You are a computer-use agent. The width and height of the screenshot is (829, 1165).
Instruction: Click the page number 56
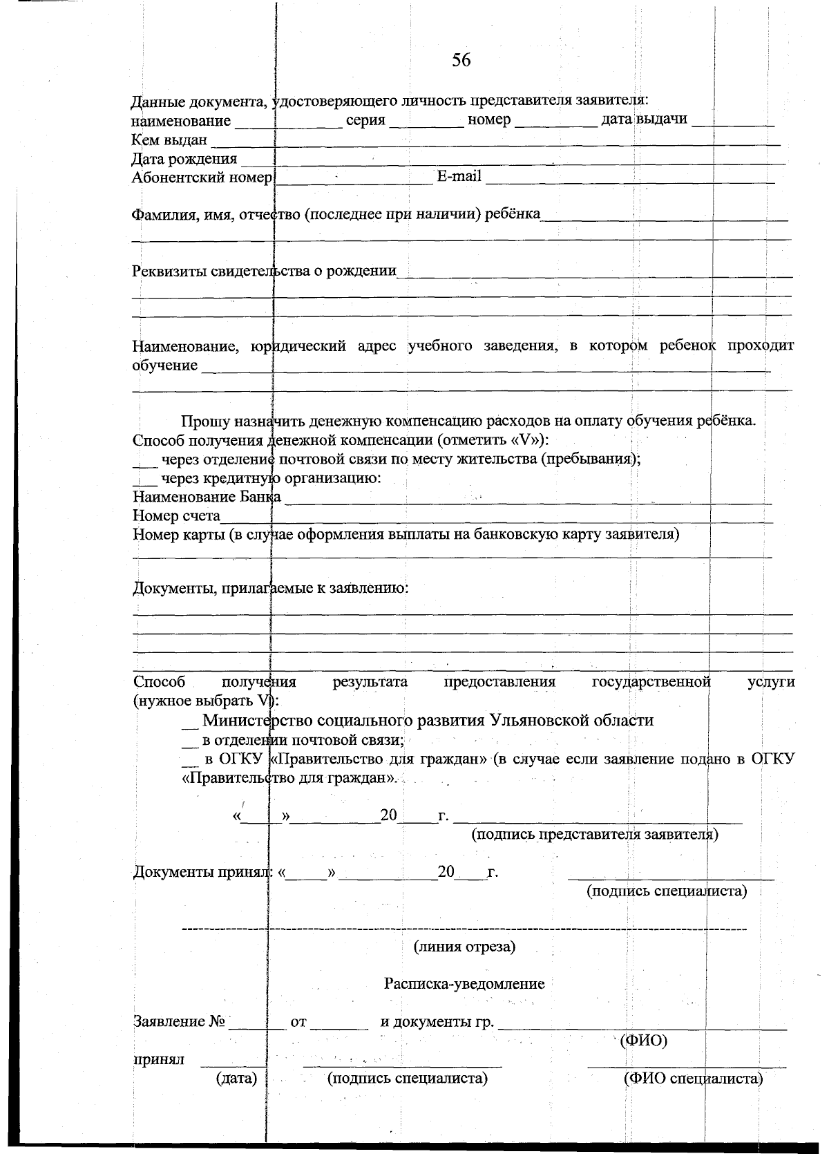coord(461,61)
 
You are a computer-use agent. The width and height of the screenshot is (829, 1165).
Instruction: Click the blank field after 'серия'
coord(426,123)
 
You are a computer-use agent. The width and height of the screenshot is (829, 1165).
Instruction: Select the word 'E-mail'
coord(459,176)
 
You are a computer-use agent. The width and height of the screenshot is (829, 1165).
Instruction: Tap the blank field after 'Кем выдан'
coord(494,141)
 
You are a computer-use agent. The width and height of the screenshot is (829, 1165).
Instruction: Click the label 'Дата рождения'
coord(184,159)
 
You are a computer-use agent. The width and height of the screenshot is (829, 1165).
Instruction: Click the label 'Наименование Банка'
coord(207,497)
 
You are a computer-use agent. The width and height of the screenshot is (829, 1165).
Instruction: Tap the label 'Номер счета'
coord(176,515)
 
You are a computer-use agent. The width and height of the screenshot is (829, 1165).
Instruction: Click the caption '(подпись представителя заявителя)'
coord(595,834)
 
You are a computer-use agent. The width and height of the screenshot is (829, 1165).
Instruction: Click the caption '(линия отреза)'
coord(464,946)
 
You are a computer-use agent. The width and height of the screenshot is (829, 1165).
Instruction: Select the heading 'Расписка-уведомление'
coord(464,983)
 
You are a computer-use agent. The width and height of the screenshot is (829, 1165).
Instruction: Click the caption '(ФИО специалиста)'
coord(693,1078)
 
